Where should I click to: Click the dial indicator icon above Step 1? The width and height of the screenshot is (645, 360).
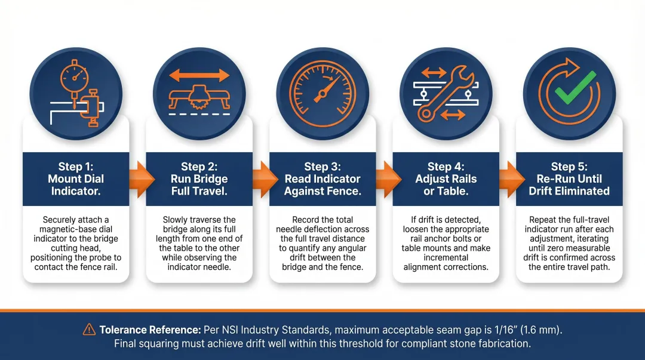pos(76,93)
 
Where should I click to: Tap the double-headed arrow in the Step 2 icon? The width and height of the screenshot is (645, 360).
pos(199,75)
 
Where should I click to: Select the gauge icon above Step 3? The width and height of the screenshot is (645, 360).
pos(322,93)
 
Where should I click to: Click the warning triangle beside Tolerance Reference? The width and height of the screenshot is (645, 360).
pos(89,329)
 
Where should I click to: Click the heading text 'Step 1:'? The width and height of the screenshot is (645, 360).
pos(76,167)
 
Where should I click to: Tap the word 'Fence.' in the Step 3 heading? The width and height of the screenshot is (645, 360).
pos(346,191)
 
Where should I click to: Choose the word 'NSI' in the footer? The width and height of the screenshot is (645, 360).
pos(226,330)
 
